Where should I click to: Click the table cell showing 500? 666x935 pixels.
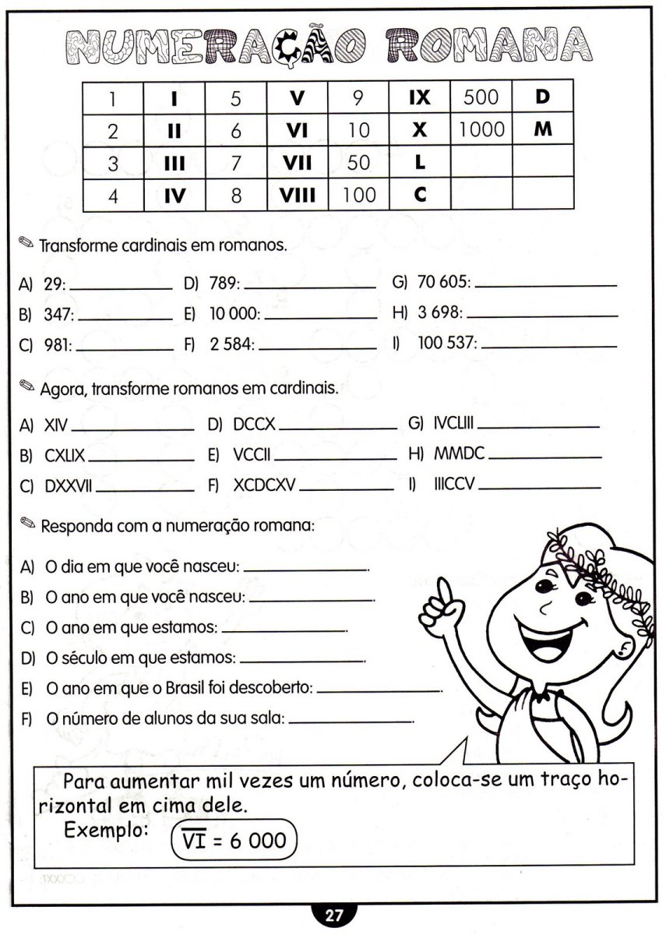click(x=481, y=97)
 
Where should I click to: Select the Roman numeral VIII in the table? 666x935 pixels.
click(x=297, y=194)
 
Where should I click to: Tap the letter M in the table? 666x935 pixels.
click(x=543, y=129)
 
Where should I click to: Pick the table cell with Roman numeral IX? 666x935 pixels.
click(x=419, y=97)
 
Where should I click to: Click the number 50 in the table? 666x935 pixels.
click(x=358, y=163)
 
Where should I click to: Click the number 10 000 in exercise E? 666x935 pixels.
click(x=234, y=315)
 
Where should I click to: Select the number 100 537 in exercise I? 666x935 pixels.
click(x=447, y=343)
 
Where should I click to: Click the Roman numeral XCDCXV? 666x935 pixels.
click(x=264, y=486)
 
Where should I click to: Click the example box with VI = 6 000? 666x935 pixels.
click(x=234, y=840)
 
